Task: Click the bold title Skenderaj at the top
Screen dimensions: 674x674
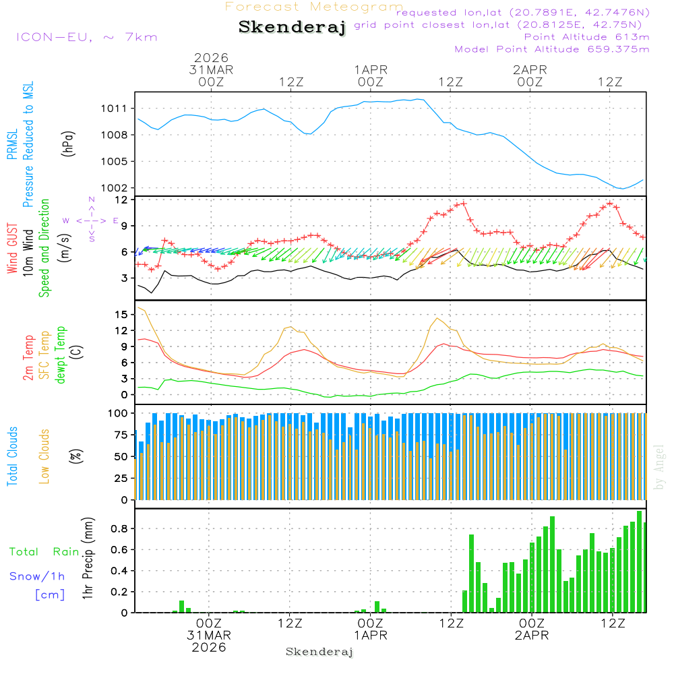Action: tap(292, 27)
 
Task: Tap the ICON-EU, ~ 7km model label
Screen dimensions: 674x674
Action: tap(86, 37)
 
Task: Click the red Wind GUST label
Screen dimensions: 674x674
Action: tap(12, 250)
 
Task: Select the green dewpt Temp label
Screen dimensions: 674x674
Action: tap(61, 355)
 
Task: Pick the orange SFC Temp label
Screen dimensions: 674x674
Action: tap(44, 355)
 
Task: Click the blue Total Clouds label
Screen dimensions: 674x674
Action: tap(12, 456)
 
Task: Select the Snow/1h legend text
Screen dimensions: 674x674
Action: tap(37, 576)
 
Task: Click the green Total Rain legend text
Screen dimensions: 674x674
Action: tap(44, 552)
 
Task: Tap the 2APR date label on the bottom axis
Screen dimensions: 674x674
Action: tap(531, 635)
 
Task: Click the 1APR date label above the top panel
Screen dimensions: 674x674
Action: tap(371, 69)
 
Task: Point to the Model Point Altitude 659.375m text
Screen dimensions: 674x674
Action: tap(552, 49)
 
